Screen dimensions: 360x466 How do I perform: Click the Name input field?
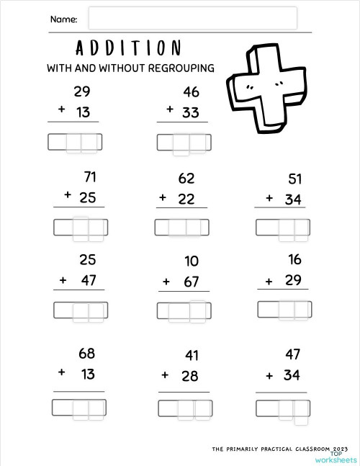click(x=192, y=19)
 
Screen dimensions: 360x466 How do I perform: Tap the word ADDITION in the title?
click(x=128, y=48)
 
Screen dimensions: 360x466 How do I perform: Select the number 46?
click(x=191, y=92)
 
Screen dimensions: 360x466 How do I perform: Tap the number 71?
click(x=90, y=177)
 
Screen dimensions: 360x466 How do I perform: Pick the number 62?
click(x=186, y=179)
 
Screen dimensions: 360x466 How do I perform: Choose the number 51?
click(x=294, y=179)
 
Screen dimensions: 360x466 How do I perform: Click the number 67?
click(x=191, y=282)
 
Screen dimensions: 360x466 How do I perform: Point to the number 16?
click(x=294, y=260)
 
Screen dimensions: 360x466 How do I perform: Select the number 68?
click(x=86, y=354)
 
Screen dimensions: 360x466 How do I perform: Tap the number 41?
click(x=191, y=355)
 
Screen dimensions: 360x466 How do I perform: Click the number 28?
click(x=191, y=375)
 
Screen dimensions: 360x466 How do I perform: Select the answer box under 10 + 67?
click(x=183, y=310)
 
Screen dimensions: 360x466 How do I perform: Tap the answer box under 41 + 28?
click(x=185, y=408)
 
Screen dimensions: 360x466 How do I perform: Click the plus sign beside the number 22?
click(x=163, y=197)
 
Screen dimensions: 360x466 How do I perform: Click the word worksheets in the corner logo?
click(x=336, y=459)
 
